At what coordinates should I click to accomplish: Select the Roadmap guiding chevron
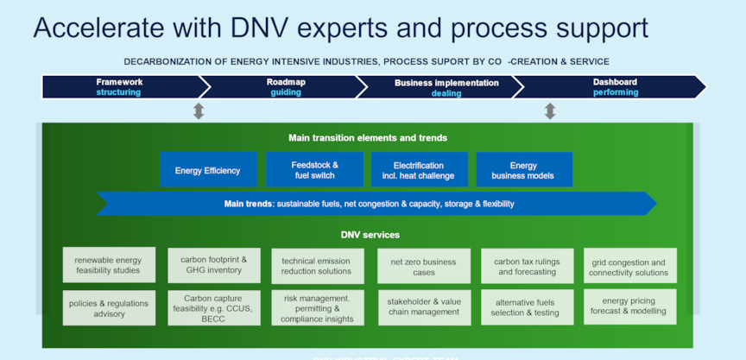(285, 87)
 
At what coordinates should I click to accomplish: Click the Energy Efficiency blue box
(208, 170)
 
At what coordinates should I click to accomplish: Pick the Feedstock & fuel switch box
(313, 170)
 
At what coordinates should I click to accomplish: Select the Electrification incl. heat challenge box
(419, 170)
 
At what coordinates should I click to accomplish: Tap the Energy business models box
(524, 170)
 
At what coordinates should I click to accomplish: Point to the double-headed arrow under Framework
(199, 111)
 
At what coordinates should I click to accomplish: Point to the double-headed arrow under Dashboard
(550, 111)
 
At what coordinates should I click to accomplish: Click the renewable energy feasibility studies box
(109, 265)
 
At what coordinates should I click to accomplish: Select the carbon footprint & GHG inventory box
(214, 265)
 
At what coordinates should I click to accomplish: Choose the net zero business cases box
(424, 266)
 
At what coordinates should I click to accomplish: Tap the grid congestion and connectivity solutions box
(629, 267)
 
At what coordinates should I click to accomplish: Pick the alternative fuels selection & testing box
(527, 307)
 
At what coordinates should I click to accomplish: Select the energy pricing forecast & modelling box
(629, 307)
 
